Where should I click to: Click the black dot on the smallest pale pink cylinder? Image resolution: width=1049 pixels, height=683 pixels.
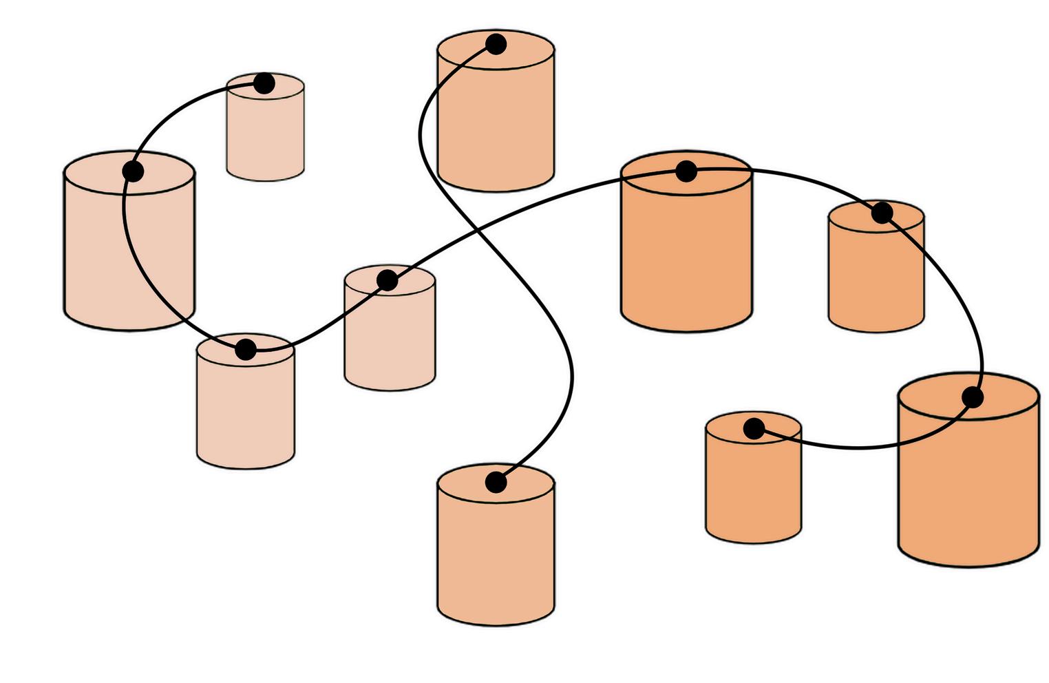point(264,84)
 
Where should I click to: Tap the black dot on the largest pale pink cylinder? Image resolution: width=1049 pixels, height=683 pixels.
point(133,171)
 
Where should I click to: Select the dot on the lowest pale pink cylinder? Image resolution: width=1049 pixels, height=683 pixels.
point(246,350)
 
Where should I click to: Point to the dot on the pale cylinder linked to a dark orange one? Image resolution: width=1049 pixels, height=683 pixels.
point(388,280)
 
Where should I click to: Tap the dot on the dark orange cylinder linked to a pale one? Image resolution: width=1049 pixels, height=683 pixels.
point(686,171)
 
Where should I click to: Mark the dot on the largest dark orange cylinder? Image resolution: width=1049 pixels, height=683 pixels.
point(972,397)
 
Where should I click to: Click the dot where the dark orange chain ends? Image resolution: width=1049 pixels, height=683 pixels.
point(754,429)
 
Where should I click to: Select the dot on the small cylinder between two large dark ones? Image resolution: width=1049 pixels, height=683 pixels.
point(882,213)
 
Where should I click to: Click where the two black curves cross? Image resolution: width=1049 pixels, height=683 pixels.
point(474,227)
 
